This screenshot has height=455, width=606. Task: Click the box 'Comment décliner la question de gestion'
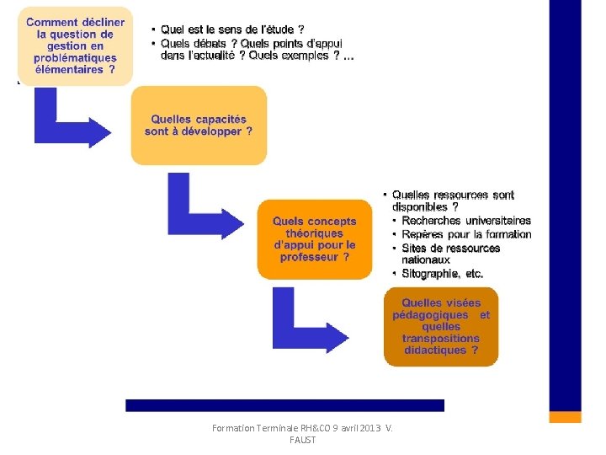point(75,46)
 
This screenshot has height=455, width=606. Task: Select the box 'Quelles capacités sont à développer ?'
point(199,126)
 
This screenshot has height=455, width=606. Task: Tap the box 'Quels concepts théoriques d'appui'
point(315,238)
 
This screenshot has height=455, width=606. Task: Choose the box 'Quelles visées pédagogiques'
point(441,326)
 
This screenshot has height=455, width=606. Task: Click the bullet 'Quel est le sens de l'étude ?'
point(226,29)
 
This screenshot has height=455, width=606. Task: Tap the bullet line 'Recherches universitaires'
point(465,221)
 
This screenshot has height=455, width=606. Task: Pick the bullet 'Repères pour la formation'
point(466,234)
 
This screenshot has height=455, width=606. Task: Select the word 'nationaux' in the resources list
point(425,260)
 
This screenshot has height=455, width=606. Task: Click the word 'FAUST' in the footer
point(302,441)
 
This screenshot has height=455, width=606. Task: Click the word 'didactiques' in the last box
point(434,350)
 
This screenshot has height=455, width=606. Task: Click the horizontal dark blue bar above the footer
point(284,405)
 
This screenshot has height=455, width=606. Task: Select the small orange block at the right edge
point(565,416)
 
